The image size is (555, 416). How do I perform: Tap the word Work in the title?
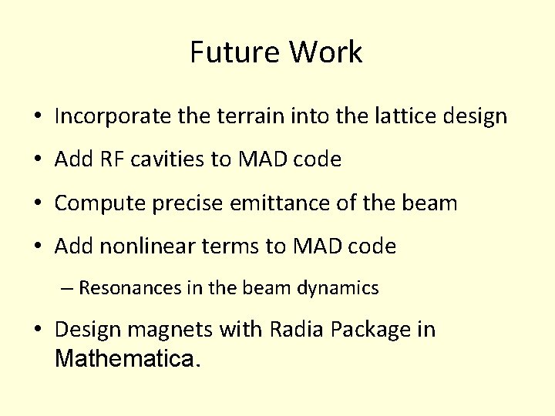coord(326,52)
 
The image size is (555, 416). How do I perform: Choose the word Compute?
coord(98,203)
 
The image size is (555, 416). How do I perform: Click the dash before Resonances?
coord(67,288)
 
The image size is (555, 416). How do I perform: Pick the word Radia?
coord(298,330)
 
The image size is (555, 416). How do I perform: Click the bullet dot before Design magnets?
coord(37,330)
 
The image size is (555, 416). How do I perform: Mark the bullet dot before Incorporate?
coord(37,117)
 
